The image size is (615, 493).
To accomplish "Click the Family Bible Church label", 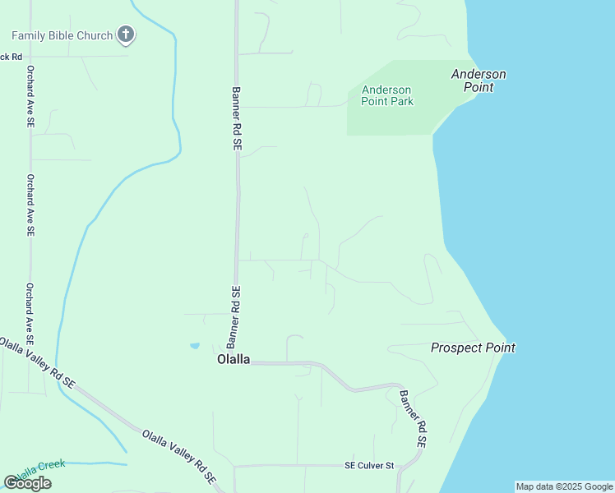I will [x=62, y=35].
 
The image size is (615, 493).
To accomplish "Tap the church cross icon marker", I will [x=125, y=35].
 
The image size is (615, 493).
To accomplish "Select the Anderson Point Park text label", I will [x=387, y=95].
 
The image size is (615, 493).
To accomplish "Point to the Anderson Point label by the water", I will [x=479, y=80].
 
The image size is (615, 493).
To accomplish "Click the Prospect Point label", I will [x=473, y=348].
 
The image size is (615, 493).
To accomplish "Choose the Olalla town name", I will [x=233, y=359].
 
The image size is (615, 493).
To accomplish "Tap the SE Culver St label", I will [x=369, y=466].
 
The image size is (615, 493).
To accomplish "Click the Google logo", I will [x=27, y=483].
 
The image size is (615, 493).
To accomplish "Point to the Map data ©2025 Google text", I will [x=564, y=486].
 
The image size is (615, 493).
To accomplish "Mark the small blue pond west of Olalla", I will [x=194, y=346].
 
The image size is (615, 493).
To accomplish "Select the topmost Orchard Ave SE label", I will [x=30, y=95].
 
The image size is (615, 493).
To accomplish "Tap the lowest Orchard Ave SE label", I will [x=30, y=313].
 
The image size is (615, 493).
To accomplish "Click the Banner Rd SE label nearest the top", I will [x=236, y=118].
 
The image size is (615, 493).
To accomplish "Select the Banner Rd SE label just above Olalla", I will [x=234, y=316].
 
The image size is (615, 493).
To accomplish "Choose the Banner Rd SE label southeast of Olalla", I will [x=414, y=417].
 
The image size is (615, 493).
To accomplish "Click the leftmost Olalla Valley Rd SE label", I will [x=37, y=362].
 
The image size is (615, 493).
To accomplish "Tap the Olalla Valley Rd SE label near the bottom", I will [x=178, y=455].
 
